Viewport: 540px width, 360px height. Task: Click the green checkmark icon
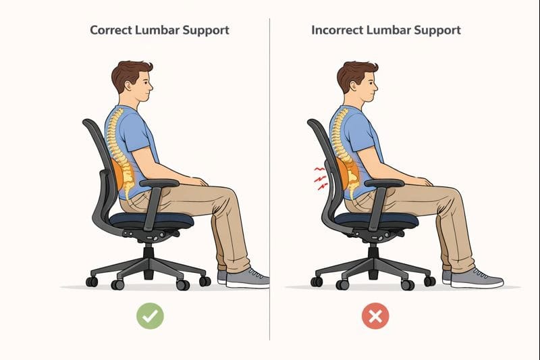150,315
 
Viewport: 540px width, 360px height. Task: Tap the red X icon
375,316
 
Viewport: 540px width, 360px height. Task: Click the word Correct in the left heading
111,30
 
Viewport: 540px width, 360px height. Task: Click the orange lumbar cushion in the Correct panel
118,175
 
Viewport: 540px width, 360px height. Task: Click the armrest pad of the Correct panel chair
159,183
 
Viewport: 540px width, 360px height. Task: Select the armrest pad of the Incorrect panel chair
384,183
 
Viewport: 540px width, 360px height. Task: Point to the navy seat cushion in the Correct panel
151,220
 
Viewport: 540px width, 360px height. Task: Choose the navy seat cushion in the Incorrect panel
377,220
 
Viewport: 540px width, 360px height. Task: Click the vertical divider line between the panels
269,179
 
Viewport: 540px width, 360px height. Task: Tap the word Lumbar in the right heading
387,30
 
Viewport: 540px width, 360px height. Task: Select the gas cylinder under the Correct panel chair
148,261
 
